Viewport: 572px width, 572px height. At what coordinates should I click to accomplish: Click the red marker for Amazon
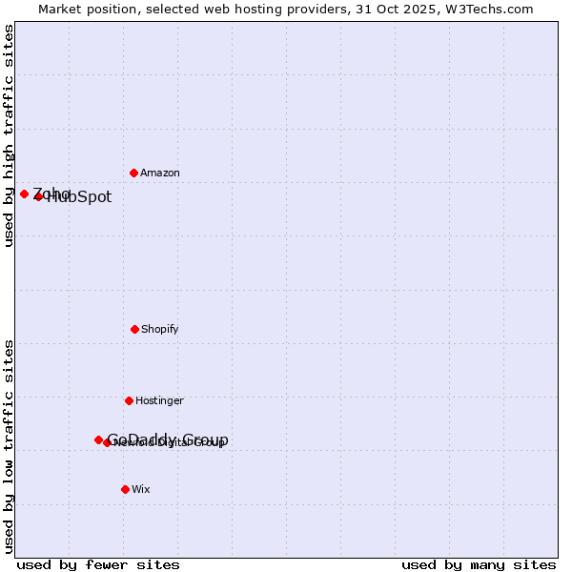(x=133, y=173)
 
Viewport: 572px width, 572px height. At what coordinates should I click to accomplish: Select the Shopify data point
(x=134, y=329)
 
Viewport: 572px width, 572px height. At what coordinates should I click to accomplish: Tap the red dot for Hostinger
(x=129, y=400)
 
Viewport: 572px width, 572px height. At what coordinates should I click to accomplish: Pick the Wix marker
(x=125, y=489)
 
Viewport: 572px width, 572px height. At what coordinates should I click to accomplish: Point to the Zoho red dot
(x=24, y=194)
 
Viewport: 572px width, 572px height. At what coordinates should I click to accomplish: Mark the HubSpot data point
(x=38, y=196)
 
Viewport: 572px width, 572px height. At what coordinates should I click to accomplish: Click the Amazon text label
(x=159, y=173)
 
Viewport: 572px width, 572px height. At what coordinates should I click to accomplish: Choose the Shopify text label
(x=159, y=329)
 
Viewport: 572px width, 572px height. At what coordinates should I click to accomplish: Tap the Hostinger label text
(x=159, y=400)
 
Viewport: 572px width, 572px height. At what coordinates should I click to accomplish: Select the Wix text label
(x=140, y=489)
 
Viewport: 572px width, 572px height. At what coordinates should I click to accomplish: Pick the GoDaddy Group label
(x=168, y=439)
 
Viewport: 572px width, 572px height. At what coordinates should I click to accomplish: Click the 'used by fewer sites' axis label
(x=98, y=564)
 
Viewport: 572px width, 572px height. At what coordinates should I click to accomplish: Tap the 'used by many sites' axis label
(x=479, y=564)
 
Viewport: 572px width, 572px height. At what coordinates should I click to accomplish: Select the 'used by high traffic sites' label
(x=9, y=136)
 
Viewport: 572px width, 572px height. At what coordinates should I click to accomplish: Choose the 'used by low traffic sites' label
(x=9, y=445)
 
